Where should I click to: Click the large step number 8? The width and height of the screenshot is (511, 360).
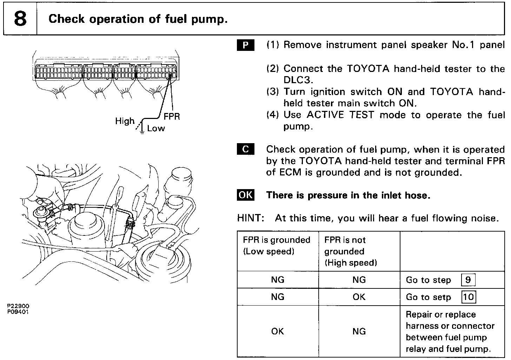coord(20,19)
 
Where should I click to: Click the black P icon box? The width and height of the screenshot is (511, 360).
coord(246,45)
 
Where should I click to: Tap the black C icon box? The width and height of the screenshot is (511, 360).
coord(246,149)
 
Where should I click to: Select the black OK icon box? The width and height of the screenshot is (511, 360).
coord(246,195)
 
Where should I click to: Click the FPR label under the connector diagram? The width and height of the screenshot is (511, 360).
coord(172,116)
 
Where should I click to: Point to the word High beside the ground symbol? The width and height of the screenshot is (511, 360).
coord(125,121)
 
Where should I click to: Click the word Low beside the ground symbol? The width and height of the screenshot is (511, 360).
coord(156,128)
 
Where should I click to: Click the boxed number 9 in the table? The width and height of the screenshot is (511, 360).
coord(468,280)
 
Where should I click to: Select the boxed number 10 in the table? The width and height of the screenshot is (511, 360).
coord(469,297)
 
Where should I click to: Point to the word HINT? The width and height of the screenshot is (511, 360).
coord(250,218)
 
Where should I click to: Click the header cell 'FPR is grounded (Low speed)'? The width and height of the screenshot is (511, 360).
coord(277,246)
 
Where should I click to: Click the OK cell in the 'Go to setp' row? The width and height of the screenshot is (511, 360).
coord(359,297)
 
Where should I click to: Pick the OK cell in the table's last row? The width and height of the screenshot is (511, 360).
coord(277,332)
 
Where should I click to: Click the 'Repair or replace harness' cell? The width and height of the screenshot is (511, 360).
coord(450,332)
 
